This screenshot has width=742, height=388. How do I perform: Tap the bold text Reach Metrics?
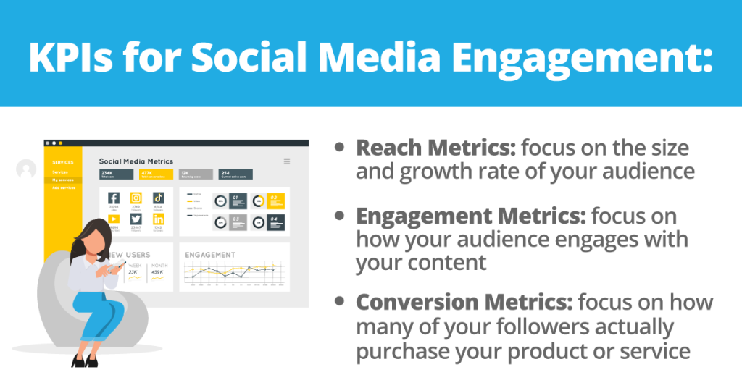click(x=435, y=148)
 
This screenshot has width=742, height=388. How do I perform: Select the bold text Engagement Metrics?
click(x=471, y=216)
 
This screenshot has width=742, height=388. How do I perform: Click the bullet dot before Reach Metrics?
click(x=340, y=148)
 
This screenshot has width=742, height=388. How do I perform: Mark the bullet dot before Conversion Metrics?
click(x=340, y=302)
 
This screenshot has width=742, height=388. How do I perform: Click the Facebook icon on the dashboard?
click(x=114, y=198)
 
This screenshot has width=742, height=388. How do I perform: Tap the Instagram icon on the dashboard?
click(x=136, y=198)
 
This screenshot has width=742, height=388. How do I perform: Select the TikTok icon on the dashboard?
click(x=158, y=198)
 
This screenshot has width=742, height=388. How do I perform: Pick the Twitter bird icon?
click(x=136, y=219)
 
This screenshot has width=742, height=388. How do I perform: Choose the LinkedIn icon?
click(x=158, y=219)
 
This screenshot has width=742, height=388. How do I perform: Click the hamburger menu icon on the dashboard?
click(x=287, y=161)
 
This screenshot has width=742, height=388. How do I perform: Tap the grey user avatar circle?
click(x=26, y=169)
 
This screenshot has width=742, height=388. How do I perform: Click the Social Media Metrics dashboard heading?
click(x=136, y=161)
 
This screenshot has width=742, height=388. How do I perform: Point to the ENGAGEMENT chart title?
click(x=210, y=255)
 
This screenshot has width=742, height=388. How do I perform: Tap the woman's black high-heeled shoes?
click(x=84, y=360)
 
